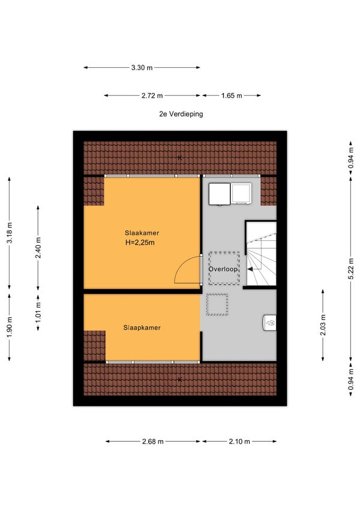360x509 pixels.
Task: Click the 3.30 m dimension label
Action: coord(142,68)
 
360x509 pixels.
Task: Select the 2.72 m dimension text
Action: coord(152,96)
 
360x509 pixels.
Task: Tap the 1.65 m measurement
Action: coord(232,96)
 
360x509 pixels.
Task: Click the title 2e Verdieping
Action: coord(181,114)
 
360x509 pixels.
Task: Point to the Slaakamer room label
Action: coord(142,233)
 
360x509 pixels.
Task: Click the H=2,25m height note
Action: coord(140,242)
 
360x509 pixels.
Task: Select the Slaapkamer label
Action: coord(142,327)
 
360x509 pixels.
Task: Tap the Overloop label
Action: coord(223,269)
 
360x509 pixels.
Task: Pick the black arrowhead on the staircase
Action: coord(250,269)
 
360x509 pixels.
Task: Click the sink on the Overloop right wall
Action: coord(269,323)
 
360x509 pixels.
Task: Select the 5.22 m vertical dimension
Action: coord(350,269)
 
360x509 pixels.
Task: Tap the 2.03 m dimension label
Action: coord(323,325)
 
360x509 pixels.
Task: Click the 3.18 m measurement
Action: coord(10,233)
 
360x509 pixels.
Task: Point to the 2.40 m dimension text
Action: coord(38,248)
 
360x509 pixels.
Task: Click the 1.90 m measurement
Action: coord(10,327)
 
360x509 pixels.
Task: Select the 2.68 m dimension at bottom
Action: coord(153,441)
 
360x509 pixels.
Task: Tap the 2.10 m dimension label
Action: coord(239,441)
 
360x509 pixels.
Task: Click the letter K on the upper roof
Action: coord(179,158)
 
